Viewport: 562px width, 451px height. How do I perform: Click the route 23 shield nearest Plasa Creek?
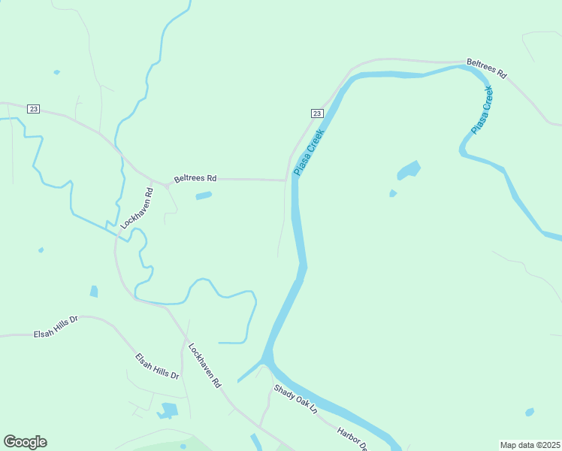[317, 114]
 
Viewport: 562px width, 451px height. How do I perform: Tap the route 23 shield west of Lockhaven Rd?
[33, 109]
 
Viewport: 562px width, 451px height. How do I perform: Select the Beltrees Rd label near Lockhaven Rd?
[195, 179]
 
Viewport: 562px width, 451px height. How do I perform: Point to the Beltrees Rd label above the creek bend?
[487, 68]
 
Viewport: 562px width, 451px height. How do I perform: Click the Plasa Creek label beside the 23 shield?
[309, 153]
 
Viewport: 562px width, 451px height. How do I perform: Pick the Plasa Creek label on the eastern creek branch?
[482, 110]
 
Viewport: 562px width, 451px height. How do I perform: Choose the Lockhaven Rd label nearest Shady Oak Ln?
[205, 365]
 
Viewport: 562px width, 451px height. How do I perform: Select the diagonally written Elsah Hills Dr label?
[157, 366]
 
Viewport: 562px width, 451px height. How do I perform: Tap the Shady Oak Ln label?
[296, 400]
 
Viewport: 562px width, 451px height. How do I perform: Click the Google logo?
[25, 442]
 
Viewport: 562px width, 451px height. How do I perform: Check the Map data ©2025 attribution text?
[530, 445]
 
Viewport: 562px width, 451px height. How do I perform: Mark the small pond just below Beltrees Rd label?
[204, 196]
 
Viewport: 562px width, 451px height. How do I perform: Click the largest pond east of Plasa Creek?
[408, 171]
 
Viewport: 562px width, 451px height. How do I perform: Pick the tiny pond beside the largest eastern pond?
[393, 193]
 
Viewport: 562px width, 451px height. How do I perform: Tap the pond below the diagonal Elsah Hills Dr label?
[168, 410]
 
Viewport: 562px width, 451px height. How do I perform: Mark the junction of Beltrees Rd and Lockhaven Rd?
[166, 184]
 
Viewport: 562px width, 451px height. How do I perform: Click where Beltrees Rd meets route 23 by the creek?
[286, 180]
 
